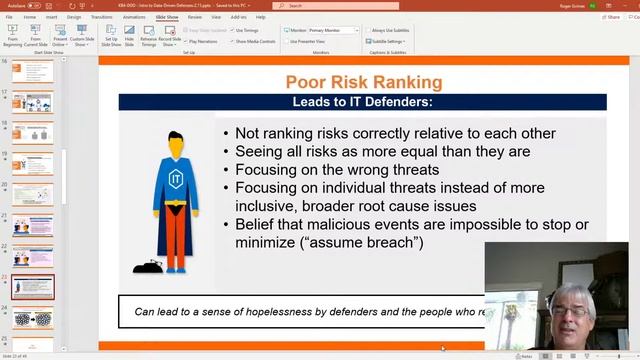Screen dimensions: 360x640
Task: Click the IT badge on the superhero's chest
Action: pos(175,178)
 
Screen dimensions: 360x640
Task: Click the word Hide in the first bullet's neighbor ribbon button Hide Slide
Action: pos(129,39)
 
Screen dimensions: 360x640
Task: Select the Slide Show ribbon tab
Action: pos(167,17)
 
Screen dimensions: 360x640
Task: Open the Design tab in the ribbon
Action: pos(74,17)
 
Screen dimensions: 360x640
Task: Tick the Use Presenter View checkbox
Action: pos(286,41)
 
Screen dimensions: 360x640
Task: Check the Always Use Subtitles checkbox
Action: pos(367,31)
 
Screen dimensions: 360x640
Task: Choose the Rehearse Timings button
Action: pos(148,40)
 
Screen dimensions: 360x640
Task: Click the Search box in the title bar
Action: pos(330,5)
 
